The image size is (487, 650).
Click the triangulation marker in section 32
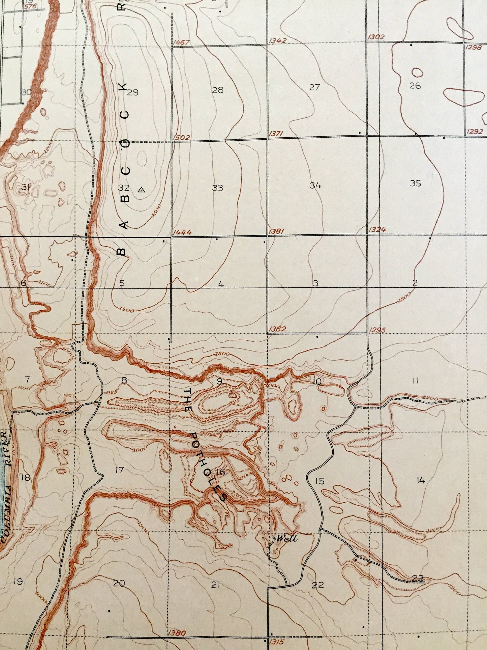(x=141, y=190)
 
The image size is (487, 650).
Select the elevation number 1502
(x=183, y=138)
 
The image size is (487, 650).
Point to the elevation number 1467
(x=181, y=43)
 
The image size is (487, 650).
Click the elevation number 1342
(x=277, y=40)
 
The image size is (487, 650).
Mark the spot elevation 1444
(x=182, y=232)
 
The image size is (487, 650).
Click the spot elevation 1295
(x=377, y=330)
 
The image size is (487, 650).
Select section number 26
(x=415, y=86)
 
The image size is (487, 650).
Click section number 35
(x=416, y=183)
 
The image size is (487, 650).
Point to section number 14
(x=421, y=481)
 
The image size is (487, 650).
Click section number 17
(x=119, y=470)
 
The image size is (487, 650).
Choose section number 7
(x=28, y=379)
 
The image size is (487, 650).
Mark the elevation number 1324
(x=377, y=230)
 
